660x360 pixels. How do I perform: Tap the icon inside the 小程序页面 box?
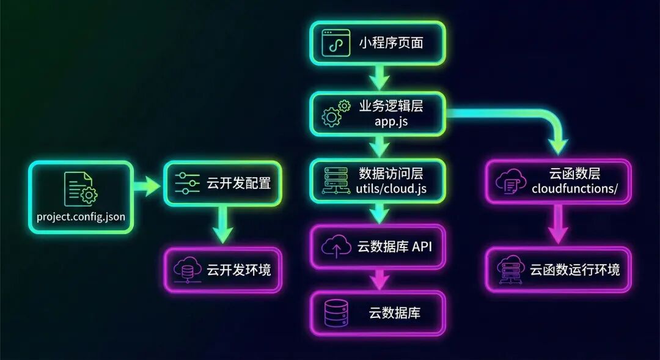[336, 43]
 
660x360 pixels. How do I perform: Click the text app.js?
[391, 121]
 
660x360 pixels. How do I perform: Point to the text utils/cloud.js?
[391, 189]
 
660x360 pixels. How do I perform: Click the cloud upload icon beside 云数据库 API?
[335, 246]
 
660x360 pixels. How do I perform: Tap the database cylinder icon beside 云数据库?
[335, 313]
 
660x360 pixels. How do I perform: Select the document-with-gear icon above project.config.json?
[79, 189]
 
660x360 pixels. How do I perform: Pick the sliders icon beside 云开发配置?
[187, 183]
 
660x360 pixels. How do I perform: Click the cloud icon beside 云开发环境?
[186, 270]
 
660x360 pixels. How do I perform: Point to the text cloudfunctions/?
[574, 189]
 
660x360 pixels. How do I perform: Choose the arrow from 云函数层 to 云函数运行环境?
[557, 224]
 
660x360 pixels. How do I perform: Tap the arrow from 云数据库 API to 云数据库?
[378, 279]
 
